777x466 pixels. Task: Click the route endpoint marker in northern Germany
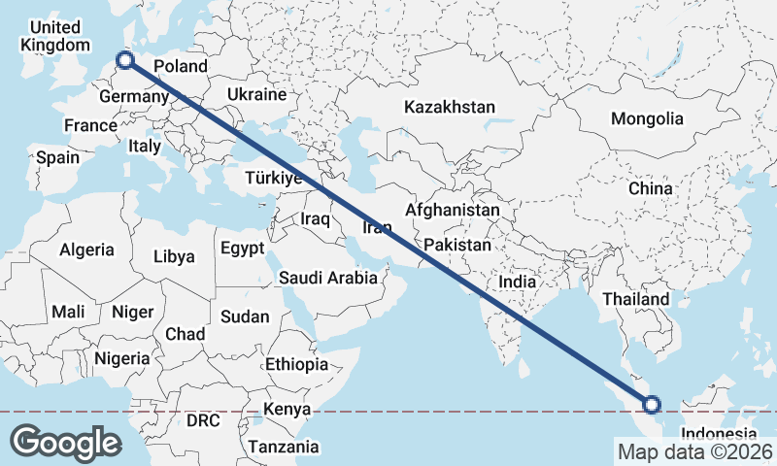[x=125, y=61]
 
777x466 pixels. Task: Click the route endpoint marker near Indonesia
[x=651, y=405]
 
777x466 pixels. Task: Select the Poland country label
[x=181, y=66]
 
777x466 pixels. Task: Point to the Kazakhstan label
[x=451, y=107]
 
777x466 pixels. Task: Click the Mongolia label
[x=647, y=119]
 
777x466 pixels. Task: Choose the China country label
[x=650, y=187]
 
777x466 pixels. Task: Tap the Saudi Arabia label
[x=327, y=278]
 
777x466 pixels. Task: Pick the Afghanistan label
[x=453, y=210]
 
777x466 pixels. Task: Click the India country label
[x=518, y=282]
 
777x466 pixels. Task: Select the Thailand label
[x=636, y=299]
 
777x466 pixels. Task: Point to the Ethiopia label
[x=296, y=365]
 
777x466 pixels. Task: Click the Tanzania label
[x=283, y=447]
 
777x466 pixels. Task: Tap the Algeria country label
[x=86, y=250]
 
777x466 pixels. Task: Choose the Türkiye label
[x=275, y=179]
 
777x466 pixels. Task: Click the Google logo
[x=66, y=443]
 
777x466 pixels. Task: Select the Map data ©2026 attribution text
[x=694, y=451]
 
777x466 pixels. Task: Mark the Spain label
[x=57, y=156]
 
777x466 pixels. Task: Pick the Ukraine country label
[x=256, y=94]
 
